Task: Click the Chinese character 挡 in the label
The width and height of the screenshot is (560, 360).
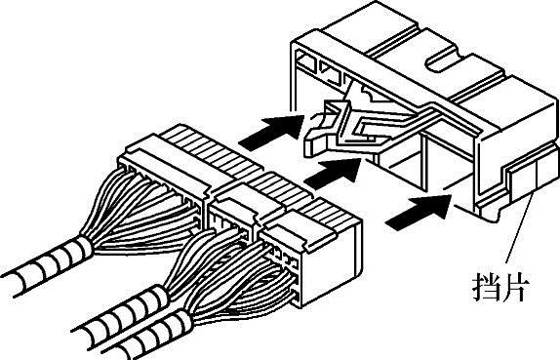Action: tap(487, 287)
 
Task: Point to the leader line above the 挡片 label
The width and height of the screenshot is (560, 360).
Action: tap(520, 228)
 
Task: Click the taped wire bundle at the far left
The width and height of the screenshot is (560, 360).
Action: tap(47, 265)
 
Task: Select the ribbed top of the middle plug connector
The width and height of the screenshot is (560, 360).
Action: tap(282, 188)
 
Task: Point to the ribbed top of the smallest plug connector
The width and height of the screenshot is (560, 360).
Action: tap(329, 214)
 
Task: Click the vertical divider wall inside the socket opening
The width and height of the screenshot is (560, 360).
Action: tap(424, 163)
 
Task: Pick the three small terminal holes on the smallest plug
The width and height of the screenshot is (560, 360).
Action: tap(284, 258)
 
